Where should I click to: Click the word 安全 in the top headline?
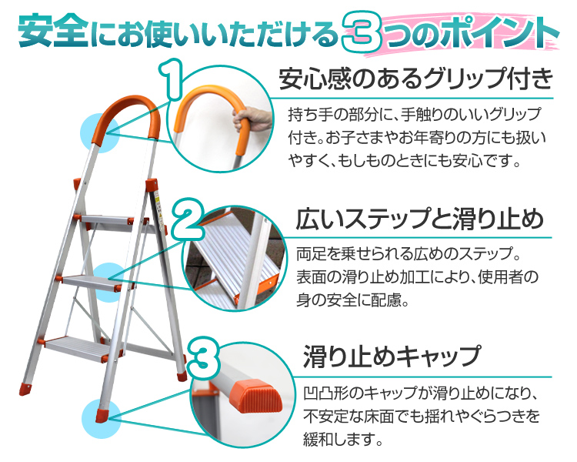[53, 31]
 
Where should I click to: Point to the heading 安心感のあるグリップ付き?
[415, 79]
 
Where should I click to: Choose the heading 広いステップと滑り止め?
[419, 219]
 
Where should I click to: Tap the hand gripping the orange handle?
[253, 119]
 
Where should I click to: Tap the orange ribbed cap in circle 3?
[255, 397]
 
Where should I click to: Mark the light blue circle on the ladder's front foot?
[101, 419]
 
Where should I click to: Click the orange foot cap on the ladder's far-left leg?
[25, 389]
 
